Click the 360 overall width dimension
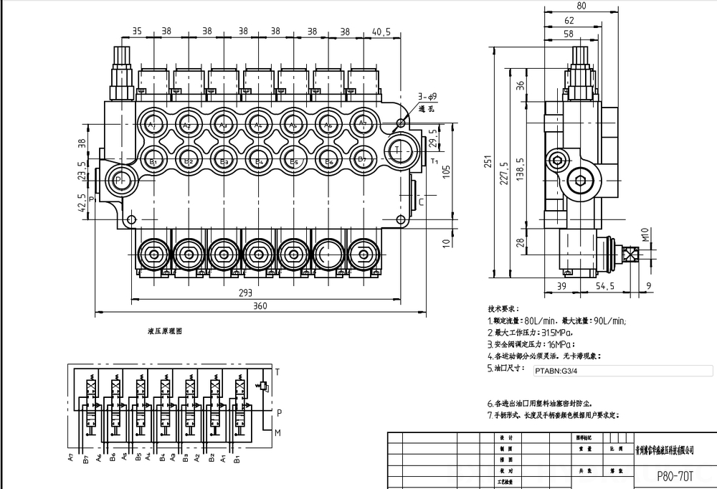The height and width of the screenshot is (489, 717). point(260,307)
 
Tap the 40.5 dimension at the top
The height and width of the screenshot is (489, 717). point(381,32)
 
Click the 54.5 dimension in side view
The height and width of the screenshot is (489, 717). point(604,287)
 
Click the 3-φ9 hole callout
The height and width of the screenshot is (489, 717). point(428,97)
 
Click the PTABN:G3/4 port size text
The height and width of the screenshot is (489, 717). point(556,371)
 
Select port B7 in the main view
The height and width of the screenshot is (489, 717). point(363,159)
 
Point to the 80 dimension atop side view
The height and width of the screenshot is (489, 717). point(581,6)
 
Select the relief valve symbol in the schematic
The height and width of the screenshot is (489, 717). point(263,386)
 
